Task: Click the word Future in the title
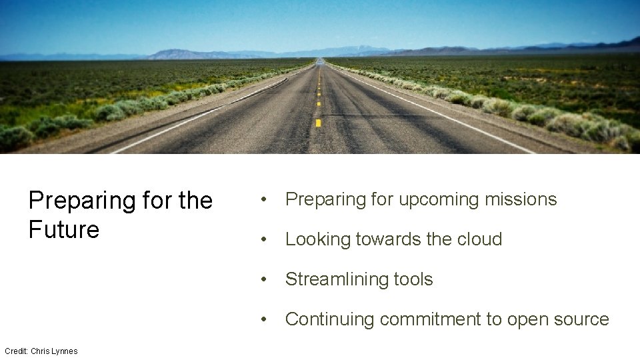[x=64, y=229]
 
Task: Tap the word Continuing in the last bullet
[x=330, y=320]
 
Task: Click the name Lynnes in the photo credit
[x=65, y=351]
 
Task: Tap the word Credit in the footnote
[x=15, y=351]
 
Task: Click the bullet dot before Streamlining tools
[x=265, y=280]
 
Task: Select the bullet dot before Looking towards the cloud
[x=265, y=240]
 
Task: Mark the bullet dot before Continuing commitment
[x=265, y=320]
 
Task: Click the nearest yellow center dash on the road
[x=319, y=123]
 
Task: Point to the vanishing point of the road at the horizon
[x=321, y=60]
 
